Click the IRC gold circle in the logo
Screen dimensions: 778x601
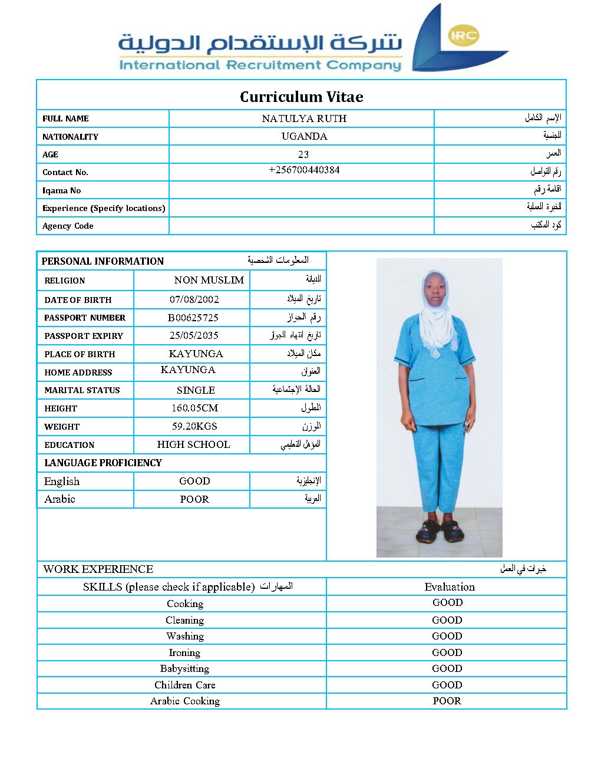point(463,35)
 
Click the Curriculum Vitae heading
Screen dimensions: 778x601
point(301,97)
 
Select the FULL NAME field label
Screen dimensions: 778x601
point(65,118)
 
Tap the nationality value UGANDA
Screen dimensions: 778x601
point(304,136)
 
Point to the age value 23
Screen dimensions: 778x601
point(303,154)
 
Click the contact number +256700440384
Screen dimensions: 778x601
point(304,170)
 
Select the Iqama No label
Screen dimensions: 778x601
point(61,190)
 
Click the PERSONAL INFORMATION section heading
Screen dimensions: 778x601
point(103,261)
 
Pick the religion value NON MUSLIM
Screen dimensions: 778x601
point(209,280)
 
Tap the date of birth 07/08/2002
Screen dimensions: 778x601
point(194,299)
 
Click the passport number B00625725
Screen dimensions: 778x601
point(193,318)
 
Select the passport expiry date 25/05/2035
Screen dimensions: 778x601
point(194,335)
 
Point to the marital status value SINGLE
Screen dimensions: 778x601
point(196,390)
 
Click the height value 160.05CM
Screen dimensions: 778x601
point(194,408)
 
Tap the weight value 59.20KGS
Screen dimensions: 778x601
point(194,426)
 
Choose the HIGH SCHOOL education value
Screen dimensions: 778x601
point(193,444)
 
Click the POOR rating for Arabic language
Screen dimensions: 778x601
point(194,499)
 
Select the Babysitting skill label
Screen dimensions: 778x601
point(184,668)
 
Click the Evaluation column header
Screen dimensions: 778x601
point(450,586)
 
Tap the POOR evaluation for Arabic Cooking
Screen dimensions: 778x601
point(447,701)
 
